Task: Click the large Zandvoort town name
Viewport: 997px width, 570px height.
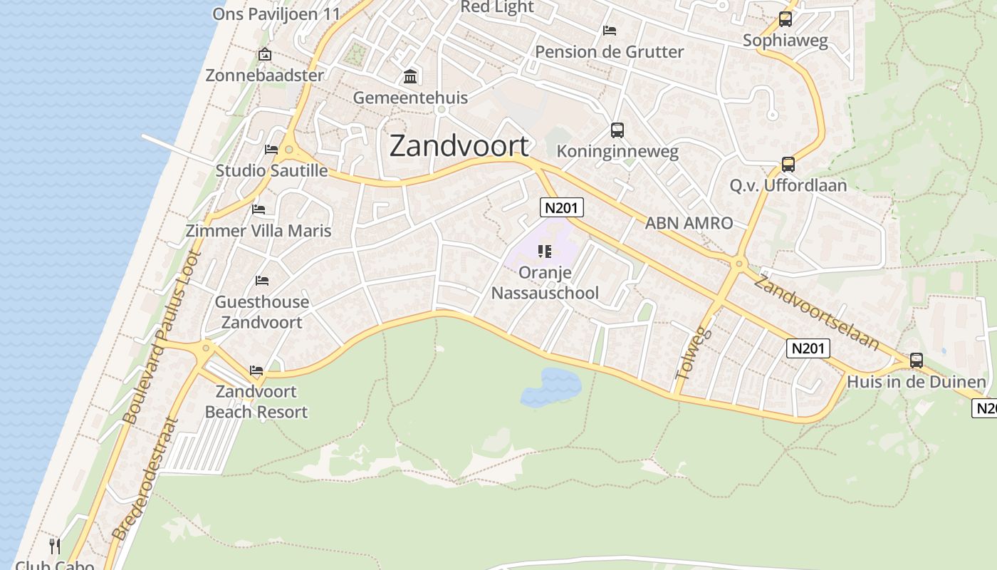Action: click(459, 145)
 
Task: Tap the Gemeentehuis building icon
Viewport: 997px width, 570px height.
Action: click(410, 76)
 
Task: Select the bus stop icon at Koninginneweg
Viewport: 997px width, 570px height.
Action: click(617, 130)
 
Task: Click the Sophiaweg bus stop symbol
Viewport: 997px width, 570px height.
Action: click(785, 19)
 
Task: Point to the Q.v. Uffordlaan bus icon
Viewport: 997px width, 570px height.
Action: click(788, 165)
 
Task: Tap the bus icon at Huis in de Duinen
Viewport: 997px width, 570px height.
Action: click(916, 361)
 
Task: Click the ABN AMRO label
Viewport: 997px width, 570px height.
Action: click(688, 223)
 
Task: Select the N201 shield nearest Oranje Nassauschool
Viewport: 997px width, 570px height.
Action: click(562, 207)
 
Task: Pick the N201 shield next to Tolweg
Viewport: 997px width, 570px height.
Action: click(808, 348)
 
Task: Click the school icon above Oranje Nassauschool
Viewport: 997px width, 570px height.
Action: click(545, 251)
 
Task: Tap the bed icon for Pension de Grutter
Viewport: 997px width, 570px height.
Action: click(610, 30)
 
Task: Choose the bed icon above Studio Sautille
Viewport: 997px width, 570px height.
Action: click(271, 149)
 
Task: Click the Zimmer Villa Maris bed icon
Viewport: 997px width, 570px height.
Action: click(259, 209)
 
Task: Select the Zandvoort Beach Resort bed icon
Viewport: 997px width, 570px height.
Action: click(256, 370)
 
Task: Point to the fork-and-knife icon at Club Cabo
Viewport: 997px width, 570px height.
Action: click(55, 546)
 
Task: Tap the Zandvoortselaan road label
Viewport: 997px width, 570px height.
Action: click(816, 311)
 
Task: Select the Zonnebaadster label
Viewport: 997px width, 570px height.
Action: click(264, 75)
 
